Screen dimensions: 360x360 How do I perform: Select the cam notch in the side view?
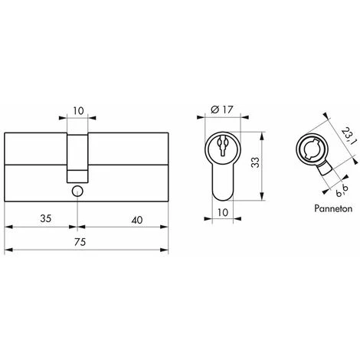pyautogui.click(x=77, y=150)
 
